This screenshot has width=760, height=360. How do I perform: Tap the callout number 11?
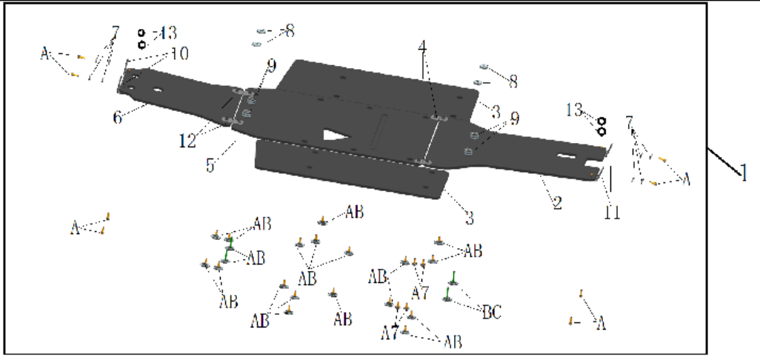click(610, 211)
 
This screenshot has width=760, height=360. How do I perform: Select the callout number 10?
click(179, 53)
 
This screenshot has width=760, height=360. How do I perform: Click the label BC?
click(492, 312)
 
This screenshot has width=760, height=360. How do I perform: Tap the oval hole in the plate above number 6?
click(158, 91)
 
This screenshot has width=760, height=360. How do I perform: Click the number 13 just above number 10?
click(169, 34)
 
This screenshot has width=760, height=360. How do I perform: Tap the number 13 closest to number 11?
click(574, 110)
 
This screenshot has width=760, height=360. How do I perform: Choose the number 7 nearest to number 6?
click(115, 33)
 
